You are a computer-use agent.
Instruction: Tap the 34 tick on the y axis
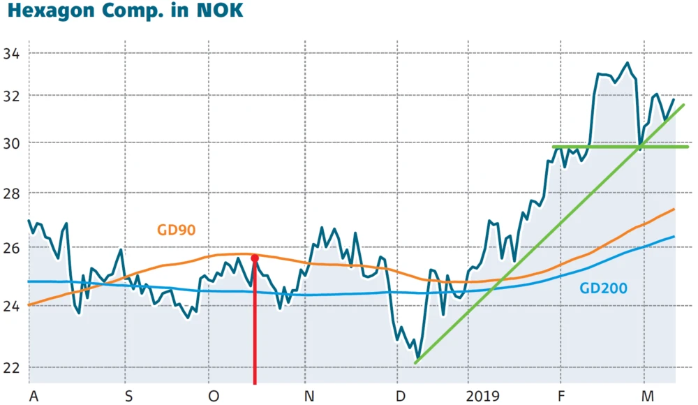click(x=11, y=53)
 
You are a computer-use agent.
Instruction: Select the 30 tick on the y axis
click(x=11, y=143)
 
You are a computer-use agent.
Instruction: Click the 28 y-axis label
click(x=11, y=193)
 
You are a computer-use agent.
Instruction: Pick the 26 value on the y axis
click(x=11, y=248)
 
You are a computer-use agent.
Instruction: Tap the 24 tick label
click(x=11, y=306)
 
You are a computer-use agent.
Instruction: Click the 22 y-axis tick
click(x=11, y=367)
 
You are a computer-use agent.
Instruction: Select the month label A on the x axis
click(x=34, y=396)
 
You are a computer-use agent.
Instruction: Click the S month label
click(x=129, y=396)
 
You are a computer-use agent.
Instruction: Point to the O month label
click(x=214, y=396)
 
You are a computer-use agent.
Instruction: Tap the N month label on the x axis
click(x=309, y=396)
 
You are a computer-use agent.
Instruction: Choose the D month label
click(x=400, y=396)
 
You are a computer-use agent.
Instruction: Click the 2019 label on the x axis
click(x=483, y=396)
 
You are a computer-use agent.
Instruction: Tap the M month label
click(x=648, y=396)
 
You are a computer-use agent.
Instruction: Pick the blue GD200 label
click(x=603, y=288)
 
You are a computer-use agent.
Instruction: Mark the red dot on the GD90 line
click(x=255, y=258)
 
